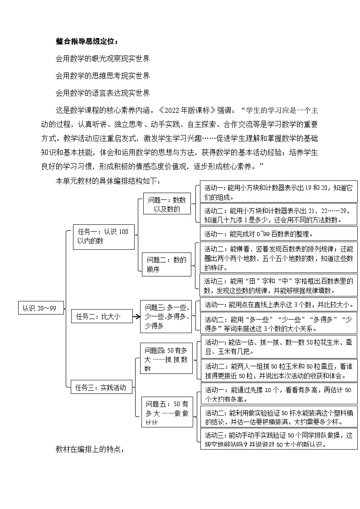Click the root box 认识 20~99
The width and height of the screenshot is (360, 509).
(39, 308)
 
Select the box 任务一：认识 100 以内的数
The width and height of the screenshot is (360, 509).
(103, 237)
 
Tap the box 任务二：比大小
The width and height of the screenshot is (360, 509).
(102, 316)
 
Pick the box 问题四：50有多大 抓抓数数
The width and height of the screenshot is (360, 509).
(166, 358)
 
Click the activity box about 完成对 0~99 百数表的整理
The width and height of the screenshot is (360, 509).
(278, 233)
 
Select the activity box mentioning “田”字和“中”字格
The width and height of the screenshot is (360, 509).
(278, 286)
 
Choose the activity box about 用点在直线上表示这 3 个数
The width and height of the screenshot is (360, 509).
(279, 304)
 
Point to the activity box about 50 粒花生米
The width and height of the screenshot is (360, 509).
(279, 347)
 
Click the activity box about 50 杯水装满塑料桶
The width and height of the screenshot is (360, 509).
(279, 417)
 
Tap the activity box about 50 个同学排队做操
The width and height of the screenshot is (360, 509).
(279, 439)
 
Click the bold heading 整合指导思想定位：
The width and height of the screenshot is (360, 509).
(87, 42)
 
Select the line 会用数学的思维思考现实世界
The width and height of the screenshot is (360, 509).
(102, 76)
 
